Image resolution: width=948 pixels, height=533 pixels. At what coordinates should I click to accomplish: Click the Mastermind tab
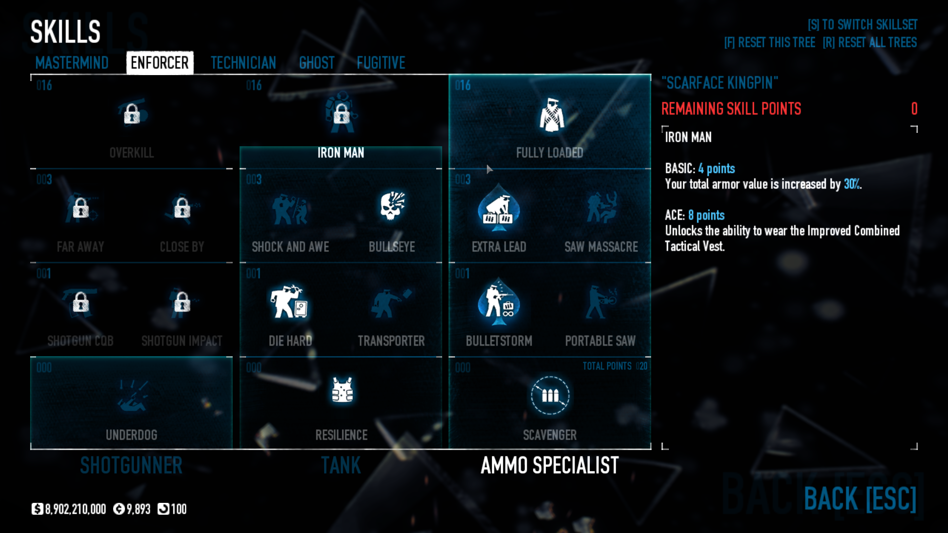[x=72, y=63]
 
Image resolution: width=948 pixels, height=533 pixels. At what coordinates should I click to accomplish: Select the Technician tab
[x=243, y=63]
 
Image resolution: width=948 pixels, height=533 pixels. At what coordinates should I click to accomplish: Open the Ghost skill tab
[x=317, y=63]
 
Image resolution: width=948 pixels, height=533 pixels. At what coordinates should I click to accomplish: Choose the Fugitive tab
[x=381, y=63]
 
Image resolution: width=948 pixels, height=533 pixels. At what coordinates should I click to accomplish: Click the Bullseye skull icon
[x=392, y=206]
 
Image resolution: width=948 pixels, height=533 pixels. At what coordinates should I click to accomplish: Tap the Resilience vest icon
[x=342, y=390]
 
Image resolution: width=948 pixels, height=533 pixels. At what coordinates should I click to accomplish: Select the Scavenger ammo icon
[x=550, y=395]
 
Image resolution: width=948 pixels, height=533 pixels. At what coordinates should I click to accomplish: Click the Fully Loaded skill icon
[x=551, y=115]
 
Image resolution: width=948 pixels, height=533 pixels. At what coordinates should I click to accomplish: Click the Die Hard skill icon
[x=289, y=301]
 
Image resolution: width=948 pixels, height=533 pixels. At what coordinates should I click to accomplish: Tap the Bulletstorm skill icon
[x=498, y=302]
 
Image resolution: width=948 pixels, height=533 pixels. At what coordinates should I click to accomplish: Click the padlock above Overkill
[x=131, y=114]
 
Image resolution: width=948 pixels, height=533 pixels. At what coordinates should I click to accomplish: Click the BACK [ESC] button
[x=860, y=498]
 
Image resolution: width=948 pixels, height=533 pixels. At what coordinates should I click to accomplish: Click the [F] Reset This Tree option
[x=769, y=42]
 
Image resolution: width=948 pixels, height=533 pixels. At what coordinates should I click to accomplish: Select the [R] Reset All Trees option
[x=869, y=42]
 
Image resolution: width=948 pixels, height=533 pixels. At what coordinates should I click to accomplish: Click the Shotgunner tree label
[x=131, y=465]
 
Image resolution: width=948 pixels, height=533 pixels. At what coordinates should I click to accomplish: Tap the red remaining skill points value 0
[x=914, y=109]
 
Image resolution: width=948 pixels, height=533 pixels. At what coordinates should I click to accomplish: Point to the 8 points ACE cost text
[x=706, y=215]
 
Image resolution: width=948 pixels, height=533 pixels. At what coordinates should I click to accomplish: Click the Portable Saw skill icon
[x=600, y=302]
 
